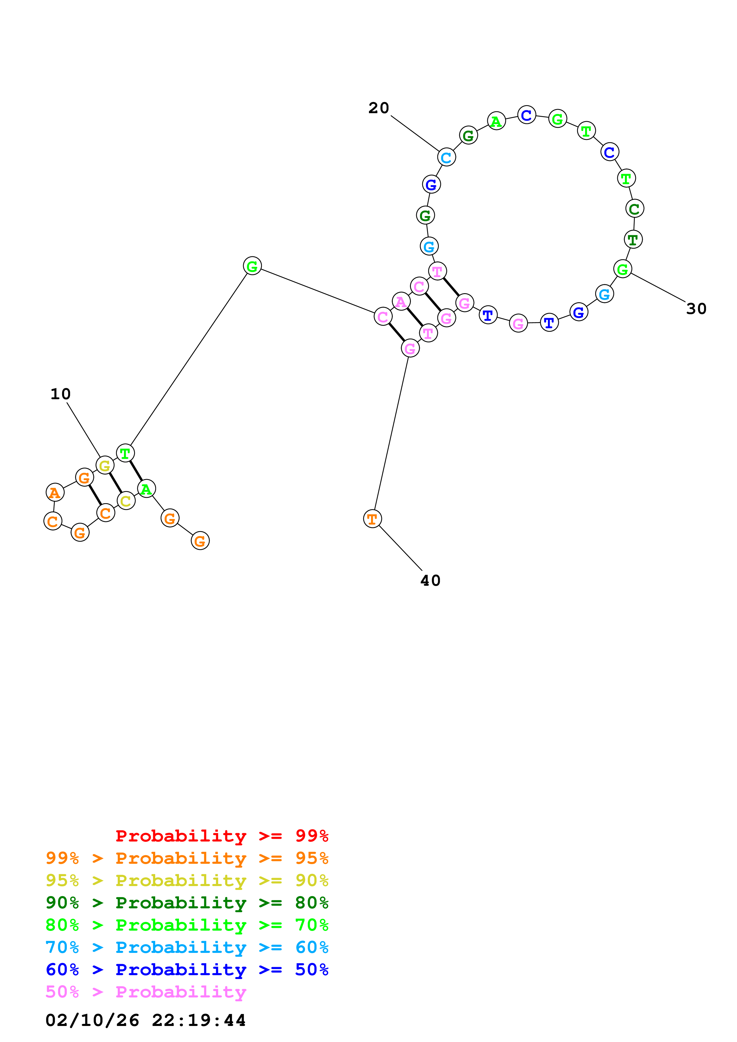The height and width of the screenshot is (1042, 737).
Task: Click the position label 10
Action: pyautogui.click(x=60, y=394)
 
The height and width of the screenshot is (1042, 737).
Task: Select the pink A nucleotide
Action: pyautogui.click(x=401, y=301)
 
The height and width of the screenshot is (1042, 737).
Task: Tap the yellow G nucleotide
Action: pyautogui.click(x=105, y=465)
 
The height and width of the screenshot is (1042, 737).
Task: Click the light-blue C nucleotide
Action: pyautogui.click(x=446, y=157)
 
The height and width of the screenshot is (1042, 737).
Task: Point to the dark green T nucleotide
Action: pyautogui.click(x=633, y=239)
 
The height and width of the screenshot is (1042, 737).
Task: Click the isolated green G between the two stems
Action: pyautogui.click(x=252, y=266)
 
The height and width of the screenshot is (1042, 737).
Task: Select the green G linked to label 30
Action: pyautogui.click(x=623, y=269)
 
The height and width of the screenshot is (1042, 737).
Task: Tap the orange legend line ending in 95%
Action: pyautogui.click(x=187, y=858)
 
